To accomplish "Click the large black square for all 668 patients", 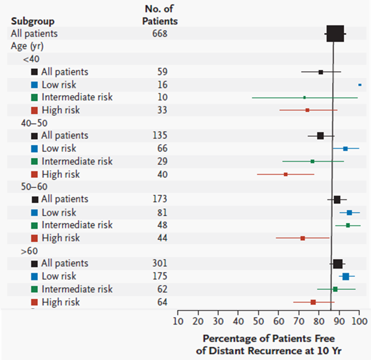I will [x=335, y=33].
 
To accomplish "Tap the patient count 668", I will [x=157, y=33].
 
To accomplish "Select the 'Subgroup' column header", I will [x=33, y=21].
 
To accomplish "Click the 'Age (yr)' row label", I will [x=29, y=46].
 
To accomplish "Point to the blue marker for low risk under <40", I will [x=360, y=85].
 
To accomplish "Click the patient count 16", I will [x=162, y=85].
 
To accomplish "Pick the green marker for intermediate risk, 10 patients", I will [x=304, y=97].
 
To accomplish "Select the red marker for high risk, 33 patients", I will [x=307, y=110].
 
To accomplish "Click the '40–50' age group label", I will [x=34, y=123].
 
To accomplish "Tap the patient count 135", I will [x=160, y=135].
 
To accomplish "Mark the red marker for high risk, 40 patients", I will [x=286, y=175].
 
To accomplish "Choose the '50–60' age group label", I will [x=34, y=187].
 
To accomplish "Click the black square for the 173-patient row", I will [x=337, y=199].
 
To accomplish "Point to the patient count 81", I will [x=162, y=212].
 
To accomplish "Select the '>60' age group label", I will [x=30, y=251].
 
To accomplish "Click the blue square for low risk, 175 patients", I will [x=346, y=276].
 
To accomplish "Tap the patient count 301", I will [x=160, y=263].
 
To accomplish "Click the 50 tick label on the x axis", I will [x=259, y=320].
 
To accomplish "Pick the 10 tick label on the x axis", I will [x=178, y=320].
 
